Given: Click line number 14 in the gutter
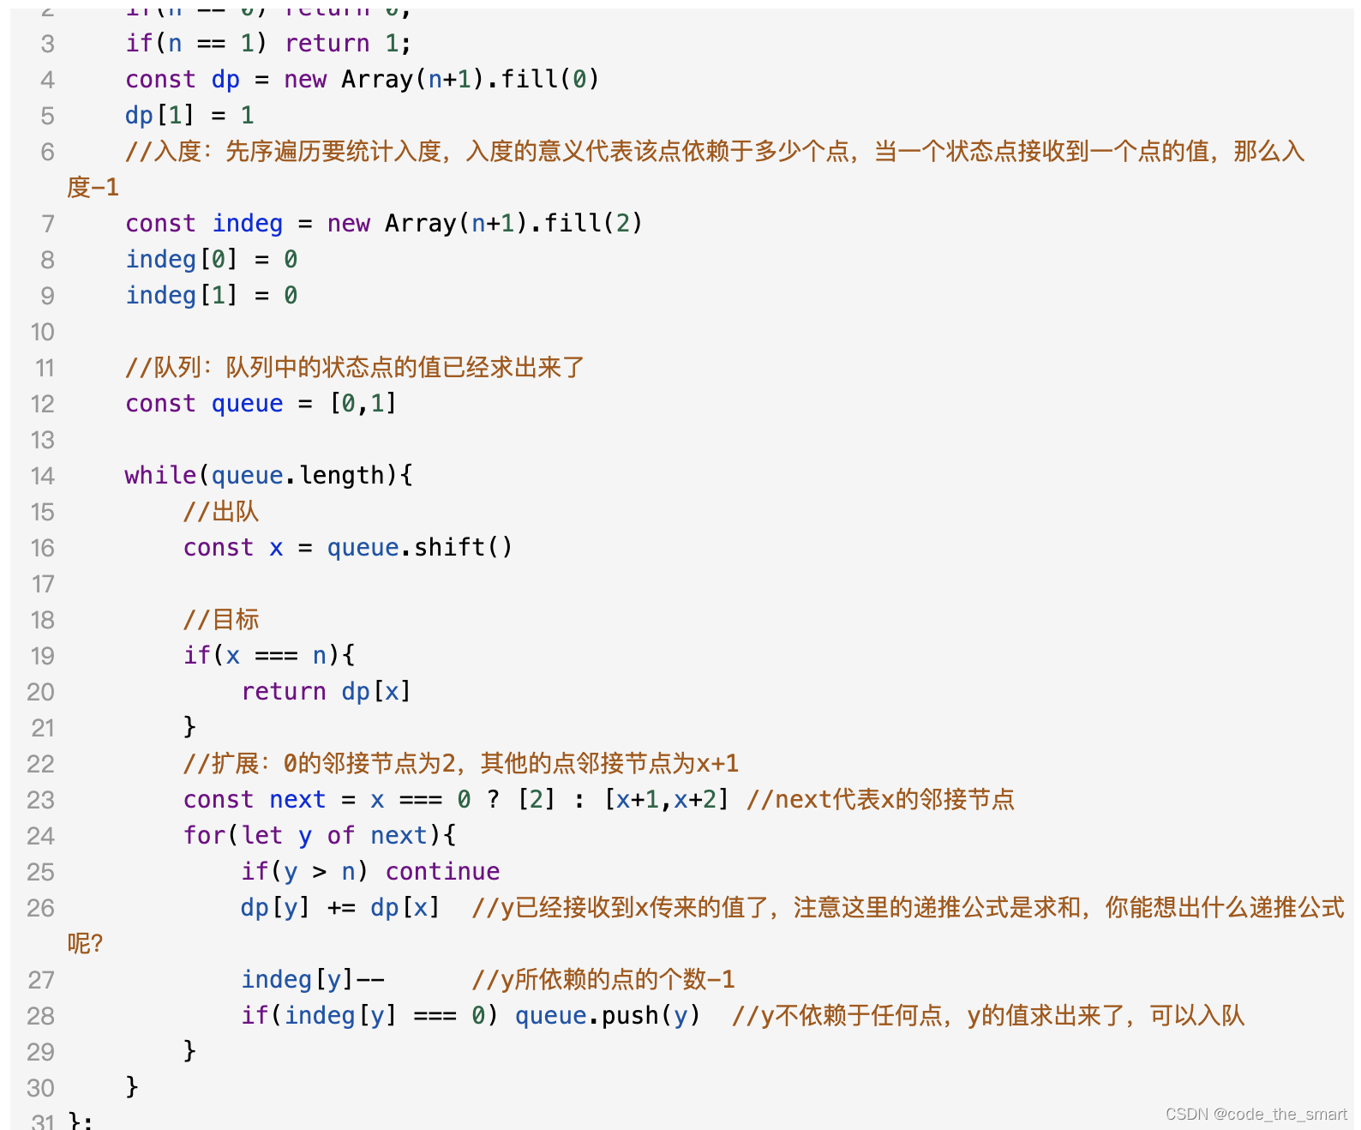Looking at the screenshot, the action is tap(42, 476).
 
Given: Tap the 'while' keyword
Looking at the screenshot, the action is tap(160, 475).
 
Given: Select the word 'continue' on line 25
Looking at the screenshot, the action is tap(442, 871).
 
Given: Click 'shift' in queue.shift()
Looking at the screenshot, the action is tap(449, 547).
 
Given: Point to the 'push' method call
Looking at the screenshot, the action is tap(630, 1015).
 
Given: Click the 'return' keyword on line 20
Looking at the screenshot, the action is tap(283, 691).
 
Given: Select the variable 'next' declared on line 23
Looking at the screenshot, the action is tap(297, 799).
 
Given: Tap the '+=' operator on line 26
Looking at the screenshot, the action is tap(341, 907).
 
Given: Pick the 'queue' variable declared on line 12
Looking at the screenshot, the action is tap(247, 403).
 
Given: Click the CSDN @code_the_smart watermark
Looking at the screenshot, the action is tap(1256, 1114).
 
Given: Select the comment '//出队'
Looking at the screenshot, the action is tap(220, 512).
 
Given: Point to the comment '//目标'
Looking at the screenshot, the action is tap(220, 619).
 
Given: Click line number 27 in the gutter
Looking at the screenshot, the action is tap(41, 980).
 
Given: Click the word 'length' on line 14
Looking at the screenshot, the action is tap(341, 475).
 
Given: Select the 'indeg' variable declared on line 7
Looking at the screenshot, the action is tap(247, 223).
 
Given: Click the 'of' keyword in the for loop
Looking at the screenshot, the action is tap(340, 835).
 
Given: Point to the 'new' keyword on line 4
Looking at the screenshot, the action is tap(305, 79).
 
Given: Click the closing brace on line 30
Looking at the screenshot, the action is tap(132, 1086).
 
